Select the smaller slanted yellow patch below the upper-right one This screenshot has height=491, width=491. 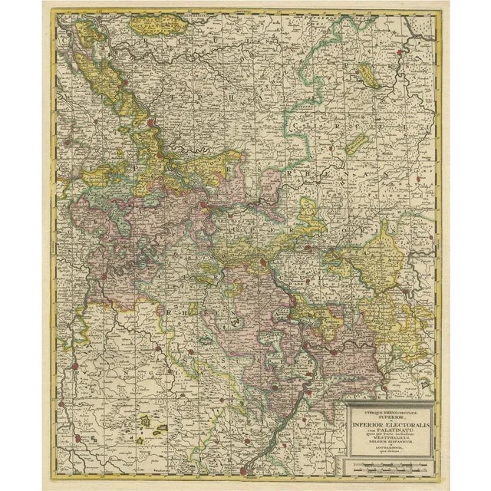355,143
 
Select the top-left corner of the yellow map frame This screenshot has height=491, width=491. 54,13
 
